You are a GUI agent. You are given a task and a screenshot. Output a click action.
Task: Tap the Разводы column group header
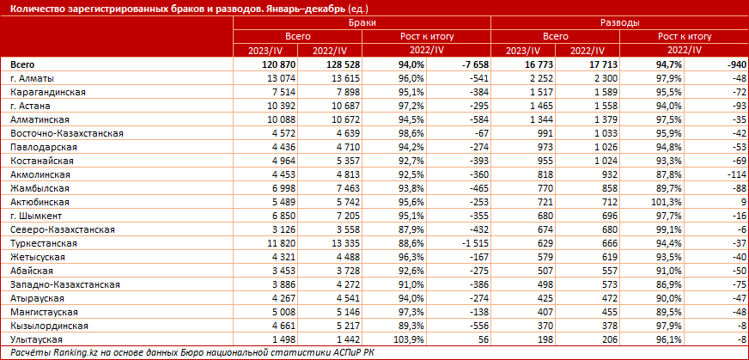(x=618, y=24)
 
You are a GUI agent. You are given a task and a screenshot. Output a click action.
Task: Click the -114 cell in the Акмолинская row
(x=731, y=174)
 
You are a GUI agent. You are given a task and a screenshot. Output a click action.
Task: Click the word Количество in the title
(x=35, y=8)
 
